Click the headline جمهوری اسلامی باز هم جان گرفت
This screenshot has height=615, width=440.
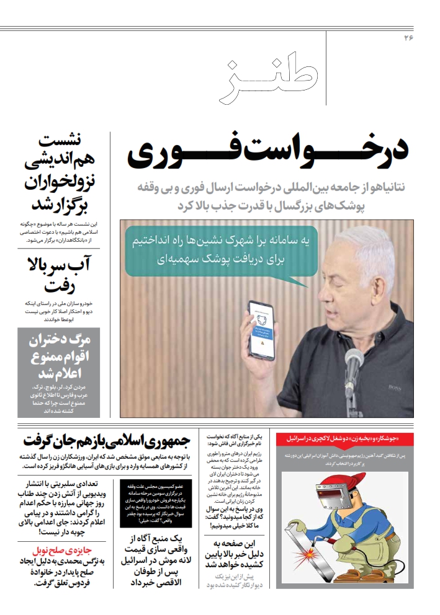tap(106, 442)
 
